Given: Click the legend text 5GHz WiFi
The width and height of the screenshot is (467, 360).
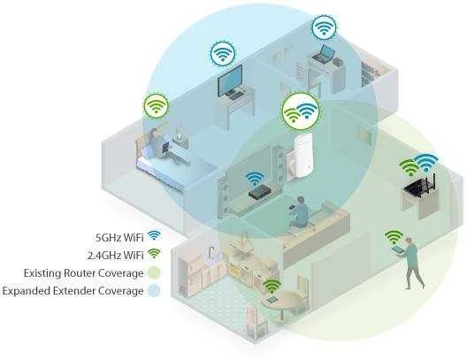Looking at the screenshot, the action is tap(119, 237).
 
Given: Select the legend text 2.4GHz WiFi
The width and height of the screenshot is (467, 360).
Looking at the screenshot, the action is tap(116, 256).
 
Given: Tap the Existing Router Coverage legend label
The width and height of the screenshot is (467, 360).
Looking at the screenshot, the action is tap(84, 272).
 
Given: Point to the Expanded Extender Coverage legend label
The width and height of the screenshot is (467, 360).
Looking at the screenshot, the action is tap(73, 291).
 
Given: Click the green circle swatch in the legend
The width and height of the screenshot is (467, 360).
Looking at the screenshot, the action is tap(154, 272).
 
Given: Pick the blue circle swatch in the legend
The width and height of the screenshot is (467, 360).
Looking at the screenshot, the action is tap(154, 291).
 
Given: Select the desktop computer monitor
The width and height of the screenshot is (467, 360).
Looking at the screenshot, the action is tap(230, 80).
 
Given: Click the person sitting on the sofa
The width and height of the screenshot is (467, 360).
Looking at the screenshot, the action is tap(298, 212).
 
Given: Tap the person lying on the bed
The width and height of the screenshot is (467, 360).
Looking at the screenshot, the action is tap(163, 145).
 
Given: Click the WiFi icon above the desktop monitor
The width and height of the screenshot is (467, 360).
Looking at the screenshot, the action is tap(223, 53).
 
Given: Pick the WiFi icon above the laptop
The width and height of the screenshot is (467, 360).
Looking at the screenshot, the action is tap(325, 27).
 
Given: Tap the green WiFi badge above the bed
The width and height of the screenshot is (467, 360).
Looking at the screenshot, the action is tap(156, 106).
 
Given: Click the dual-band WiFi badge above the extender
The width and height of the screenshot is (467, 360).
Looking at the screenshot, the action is tap(300, 111).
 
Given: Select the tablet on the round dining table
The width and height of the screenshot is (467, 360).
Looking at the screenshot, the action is tap(272, 299).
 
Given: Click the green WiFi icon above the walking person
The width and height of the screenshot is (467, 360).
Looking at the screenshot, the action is tap(394, 237).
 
